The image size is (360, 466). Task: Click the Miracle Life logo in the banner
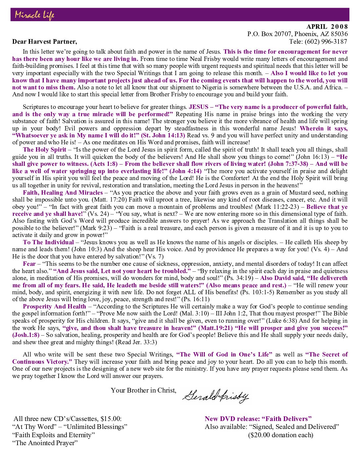34,15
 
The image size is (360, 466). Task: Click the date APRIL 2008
327,27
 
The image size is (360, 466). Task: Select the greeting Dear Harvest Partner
45,41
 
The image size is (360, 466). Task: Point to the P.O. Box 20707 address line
297,34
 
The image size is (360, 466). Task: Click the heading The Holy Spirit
45,150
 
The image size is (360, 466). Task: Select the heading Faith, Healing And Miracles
63,193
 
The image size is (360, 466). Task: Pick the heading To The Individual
48,242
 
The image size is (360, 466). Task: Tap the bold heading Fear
29,264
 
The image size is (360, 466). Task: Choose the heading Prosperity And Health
54,306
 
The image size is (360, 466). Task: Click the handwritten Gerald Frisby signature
215,396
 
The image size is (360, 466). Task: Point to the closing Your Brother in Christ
144,391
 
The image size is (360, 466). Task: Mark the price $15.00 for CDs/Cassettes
111,419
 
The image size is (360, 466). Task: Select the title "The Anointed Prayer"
45,443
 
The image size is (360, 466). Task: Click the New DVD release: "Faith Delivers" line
258,419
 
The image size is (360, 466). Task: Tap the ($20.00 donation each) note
281,435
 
